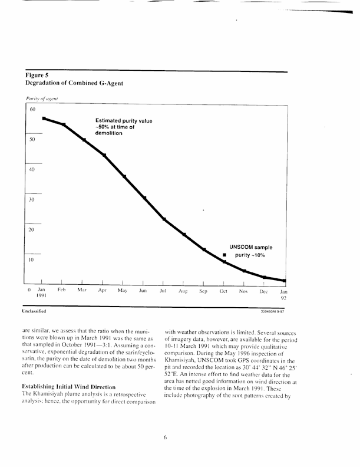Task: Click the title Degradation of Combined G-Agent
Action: [x=74, y=84]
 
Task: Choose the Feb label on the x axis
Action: [x=61, y=291]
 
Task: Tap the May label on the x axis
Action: [x=123, y=291]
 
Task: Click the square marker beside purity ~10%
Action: [x=224, y=256]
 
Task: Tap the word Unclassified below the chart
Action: [x=37, y=310]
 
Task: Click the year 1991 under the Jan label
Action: [x=41, y=299]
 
